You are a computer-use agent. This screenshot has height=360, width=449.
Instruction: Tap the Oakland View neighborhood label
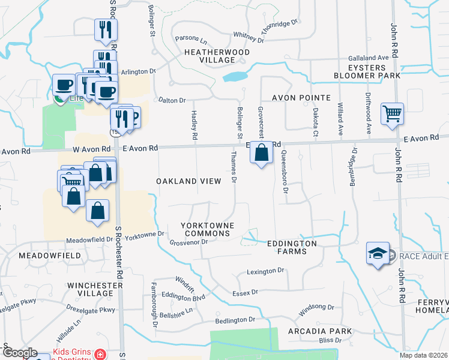(x=188, y=181)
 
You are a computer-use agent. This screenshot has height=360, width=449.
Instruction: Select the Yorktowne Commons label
(x=206, y=229)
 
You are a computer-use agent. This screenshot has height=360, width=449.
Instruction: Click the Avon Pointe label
(x=301, y=97)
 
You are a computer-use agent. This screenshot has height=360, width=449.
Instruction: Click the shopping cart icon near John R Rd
(x=392, y=113)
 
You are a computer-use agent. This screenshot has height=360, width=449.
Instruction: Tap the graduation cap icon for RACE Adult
(x=377, y=254)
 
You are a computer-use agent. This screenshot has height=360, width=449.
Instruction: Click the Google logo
(x=20, y=353)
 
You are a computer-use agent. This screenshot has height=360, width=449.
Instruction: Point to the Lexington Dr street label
(x=265, y=272)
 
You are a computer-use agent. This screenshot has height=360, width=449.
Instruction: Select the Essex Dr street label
(x=245, y=292)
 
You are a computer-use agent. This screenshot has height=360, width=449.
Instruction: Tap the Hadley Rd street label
(x=194, y=125)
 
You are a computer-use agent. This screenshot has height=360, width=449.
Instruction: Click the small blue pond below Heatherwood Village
(x=235, y=77)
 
